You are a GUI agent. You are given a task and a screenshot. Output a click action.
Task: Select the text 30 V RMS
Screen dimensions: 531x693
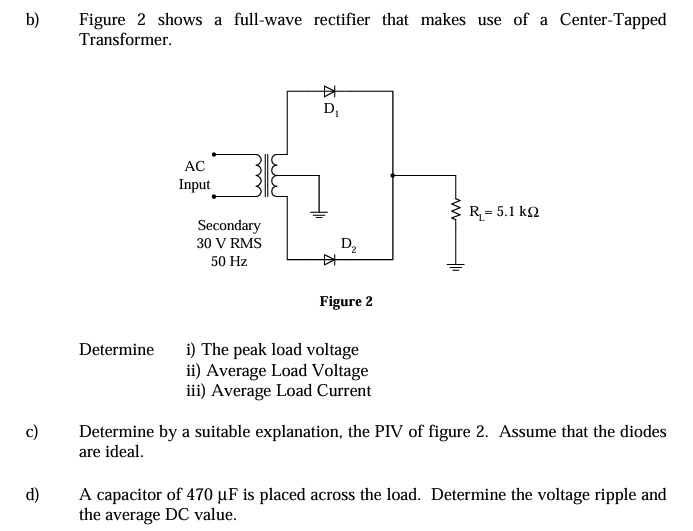coord(229,243)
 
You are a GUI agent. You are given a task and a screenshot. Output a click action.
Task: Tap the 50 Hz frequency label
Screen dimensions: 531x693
coord(229,261)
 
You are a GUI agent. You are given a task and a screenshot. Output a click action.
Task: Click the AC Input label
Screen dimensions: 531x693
coord(194,175)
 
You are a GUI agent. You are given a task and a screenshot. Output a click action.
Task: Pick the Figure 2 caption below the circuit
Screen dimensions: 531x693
coord(346,301)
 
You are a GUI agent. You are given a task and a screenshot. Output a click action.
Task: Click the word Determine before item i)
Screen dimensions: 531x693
coord(116,350)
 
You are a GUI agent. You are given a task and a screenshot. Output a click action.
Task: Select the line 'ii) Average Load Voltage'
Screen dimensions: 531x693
coord(277,370)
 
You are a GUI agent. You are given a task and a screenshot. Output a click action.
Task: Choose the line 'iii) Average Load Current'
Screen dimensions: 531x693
coord(279,391)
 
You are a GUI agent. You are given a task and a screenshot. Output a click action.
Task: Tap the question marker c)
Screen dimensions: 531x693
coord(32,432)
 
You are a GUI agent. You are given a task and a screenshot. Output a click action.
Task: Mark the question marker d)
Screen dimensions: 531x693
coord(32,495)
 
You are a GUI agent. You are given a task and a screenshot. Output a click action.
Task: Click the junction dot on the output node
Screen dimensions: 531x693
coord(393,175)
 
